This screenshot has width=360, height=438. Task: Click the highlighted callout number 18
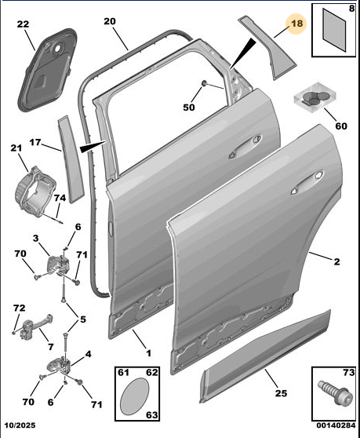point(296,24)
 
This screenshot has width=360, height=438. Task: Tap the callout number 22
point(23,24)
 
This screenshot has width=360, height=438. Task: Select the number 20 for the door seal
point(110,21)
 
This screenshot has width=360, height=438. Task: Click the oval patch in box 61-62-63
point(134,396)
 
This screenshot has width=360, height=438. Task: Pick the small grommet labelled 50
point(204,83)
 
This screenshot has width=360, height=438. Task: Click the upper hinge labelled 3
point(58,265)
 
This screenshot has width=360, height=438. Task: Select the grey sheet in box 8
point(334,30)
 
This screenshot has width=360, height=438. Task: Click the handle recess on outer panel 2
point(307,182)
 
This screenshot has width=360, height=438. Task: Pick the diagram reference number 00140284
point(336,425)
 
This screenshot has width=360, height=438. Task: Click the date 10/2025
point(20,425)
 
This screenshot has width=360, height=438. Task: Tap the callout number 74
point(60,198)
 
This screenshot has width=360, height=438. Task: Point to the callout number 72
point(20,308)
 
